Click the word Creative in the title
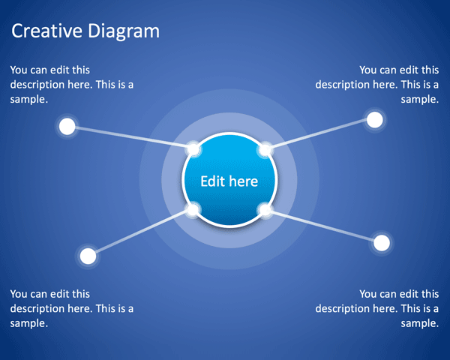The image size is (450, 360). pos(44,31)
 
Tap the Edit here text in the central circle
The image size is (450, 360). pos(229,181)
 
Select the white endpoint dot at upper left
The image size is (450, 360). pos(67,126)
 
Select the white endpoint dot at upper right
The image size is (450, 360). pos(374,119)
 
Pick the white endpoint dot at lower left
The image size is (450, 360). pos(88,256)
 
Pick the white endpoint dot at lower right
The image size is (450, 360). pos(382,242)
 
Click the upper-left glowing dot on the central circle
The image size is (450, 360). pos(193,149)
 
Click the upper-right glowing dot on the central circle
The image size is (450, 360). pos(265,150)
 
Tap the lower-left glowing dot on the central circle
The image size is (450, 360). pos(193,210)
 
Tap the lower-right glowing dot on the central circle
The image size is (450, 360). pos(265,210)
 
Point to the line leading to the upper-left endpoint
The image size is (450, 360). pos(130,138)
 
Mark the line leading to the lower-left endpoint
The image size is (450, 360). pos(140,233)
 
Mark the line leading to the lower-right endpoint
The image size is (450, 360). pos(323,226)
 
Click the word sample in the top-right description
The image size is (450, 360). pos(420,99)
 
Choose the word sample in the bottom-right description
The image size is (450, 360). pos(420,323)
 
